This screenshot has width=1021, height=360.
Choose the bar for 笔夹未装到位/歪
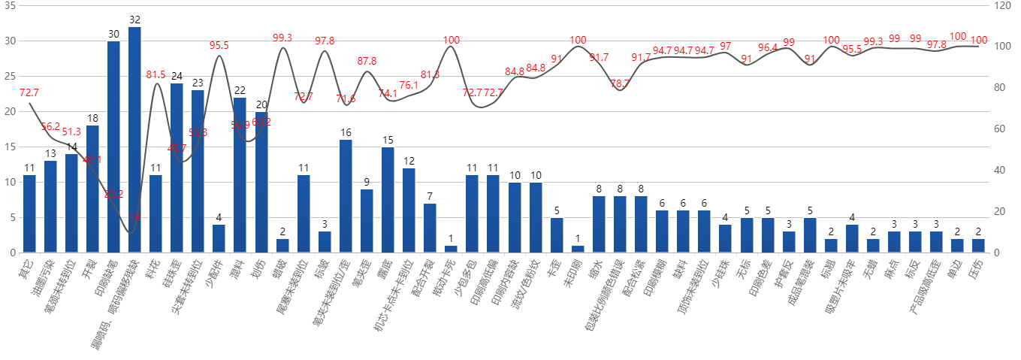(x=346, y=195)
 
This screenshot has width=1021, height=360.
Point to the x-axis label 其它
(x=24, y=267)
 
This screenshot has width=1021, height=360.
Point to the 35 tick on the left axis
(x=9, y=5)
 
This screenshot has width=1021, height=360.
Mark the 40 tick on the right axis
(x=1000, y=171)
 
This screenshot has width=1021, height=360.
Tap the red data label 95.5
(x=219, y=45)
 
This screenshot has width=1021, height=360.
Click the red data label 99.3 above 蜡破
(x=282, y=38)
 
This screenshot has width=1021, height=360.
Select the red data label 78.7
(x=621, y=83)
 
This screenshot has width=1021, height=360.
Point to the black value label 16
(x=346, y=133)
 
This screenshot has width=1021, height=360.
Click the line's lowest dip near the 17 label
(x=131, y=232)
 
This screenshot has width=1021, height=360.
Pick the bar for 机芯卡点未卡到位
(x=409, y=210)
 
